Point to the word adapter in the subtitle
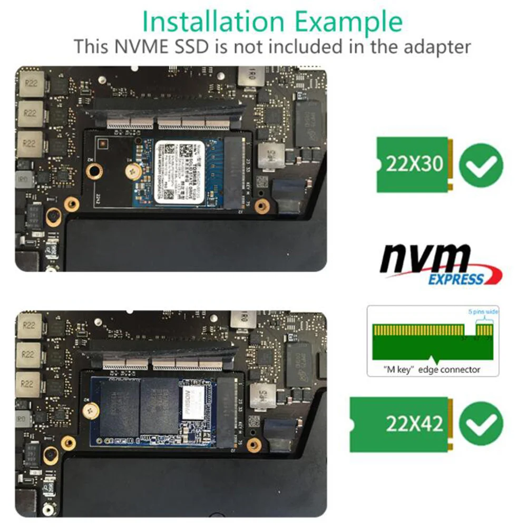[x=429, y=46]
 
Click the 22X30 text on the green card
[x=414, y=165]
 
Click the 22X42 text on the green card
[x=414, y=423]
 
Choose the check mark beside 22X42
[x=481, y=423]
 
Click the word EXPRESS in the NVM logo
[x=455, y=279]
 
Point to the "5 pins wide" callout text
[x=483, y=312]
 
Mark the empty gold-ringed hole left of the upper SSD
[x=95, y=170]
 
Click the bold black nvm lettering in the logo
[x=425, y=260]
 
